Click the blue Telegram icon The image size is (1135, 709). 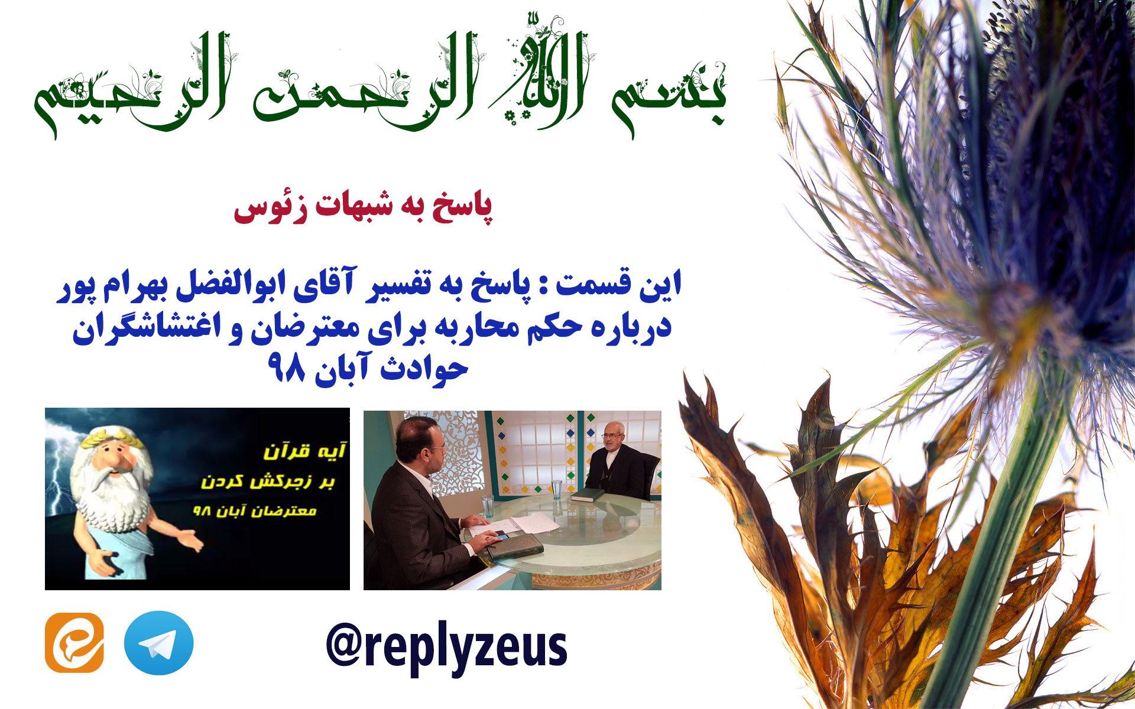[158, 643]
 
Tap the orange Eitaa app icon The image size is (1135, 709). [74, 643]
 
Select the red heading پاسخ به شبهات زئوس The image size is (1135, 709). [362, 207]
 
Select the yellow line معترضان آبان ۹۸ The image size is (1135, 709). [255, 510]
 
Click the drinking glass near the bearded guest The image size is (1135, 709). [556, 490]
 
